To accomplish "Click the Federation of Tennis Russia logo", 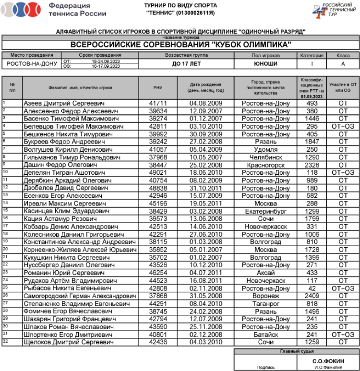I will [22, 9].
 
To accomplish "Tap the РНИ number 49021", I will [158, 172].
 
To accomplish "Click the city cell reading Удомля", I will [265, 149].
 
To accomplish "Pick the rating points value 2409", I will [312, 296].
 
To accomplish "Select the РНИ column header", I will [158, 88].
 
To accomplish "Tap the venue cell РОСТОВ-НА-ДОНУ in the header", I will [32, 64].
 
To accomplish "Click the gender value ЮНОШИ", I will [265, 64].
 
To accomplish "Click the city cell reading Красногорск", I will [265, 165].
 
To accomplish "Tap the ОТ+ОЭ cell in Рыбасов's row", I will [343, 288].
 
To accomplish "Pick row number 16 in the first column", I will [5, 217].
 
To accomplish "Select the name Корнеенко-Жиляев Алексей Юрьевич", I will [80, 250].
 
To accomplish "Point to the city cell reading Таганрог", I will [265, 303].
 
